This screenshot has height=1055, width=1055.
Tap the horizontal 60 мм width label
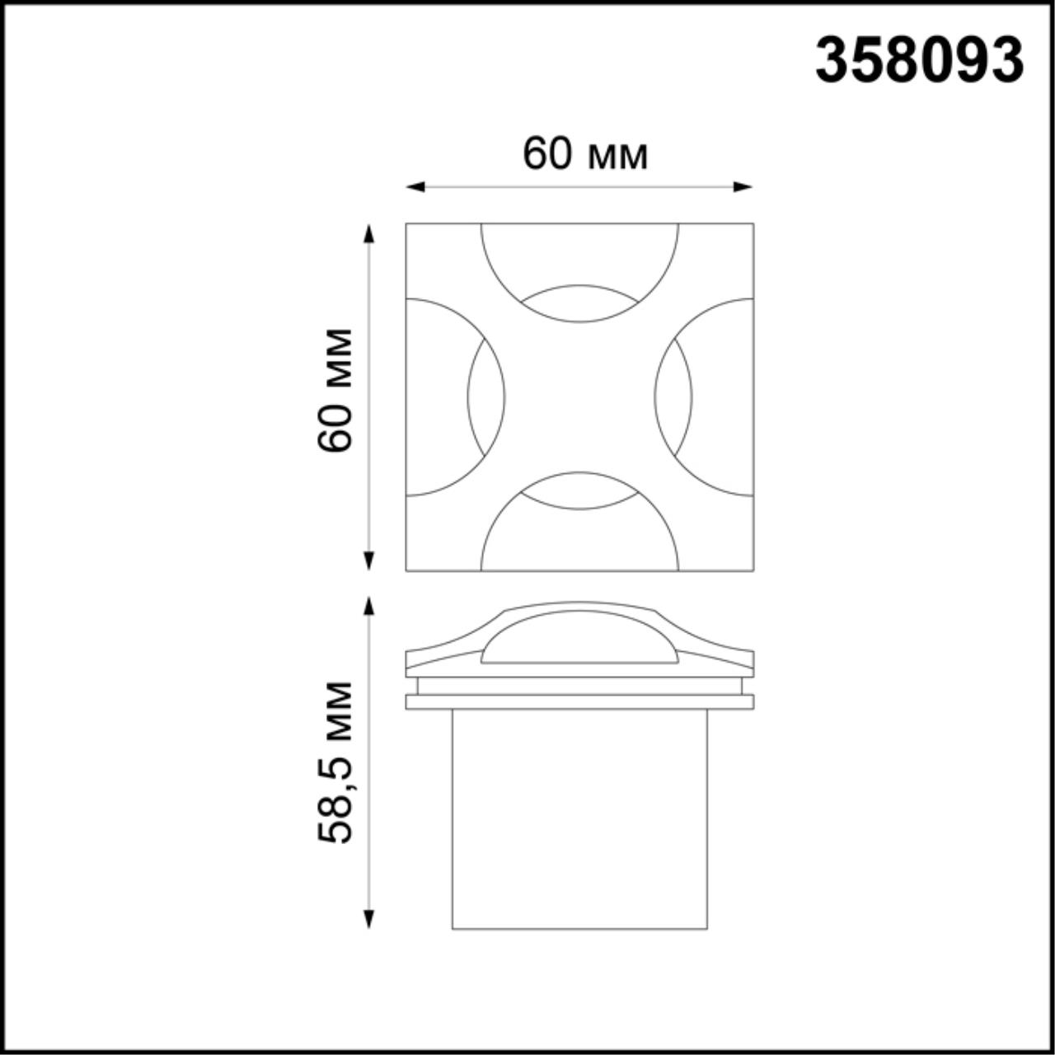585,154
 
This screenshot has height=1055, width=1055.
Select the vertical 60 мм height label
335,390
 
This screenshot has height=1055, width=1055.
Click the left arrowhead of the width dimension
415,187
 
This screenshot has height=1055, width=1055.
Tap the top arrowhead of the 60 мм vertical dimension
369,232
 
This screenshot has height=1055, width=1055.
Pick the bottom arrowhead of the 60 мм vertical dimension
369,561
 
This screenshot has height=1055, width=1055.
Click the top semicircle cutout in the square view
579,256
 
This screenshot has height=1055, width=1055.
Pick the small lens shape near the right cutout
673,397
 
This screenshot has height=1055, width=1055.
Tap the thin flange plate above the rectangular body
579,701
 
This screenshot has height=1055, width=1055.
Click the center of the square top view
579,397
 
